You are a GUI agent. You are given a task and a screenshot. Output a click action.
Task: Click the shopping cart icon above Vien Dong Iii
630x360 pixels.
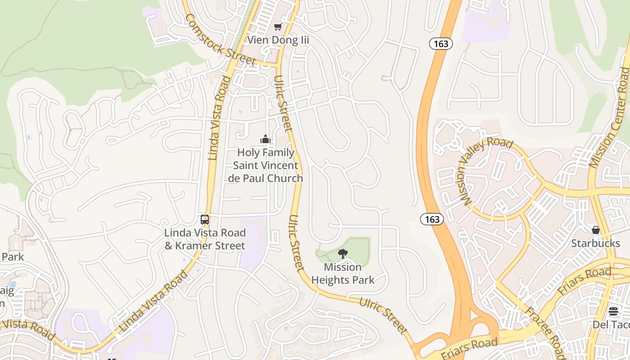click(x=278, y=27)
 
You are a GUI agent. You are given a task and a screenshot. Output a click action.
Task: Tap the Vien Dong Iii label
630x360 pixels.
click(x=279, y=40)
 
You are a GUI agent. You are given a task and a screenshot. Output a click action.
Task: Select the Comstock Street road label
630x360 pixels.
click(x=220, y=40)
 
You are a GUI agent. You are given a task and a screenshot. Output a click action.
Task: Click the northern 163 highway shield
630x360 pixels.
click(x=441, y=43)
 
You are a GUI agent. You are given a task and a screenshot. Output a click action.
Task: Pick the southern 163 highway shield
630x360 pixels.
click(x=432, y=219)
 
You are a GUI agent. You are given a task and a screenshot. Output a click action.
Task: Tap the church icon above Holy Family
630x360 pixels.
click(x=265, y=139)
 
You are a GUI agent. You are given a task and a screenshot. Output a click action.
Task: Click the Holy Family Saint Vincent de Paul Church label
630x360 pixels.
click(x=265, y=166)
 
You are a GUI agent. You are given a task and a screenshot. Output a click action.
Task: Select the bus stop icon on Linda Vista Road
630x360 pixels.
click(x=205, y=220)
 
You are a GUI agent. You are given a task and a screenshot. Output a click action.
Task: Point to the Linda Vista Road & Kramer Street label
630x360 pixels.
click(x=205, y=239)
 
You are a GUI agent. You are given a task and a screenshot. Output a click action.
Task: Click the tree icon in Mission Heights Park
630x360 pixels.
click(x=342, y=254)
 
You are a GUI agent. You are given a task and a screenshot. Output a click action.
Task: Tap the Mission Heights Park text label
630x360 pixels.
click(x=342, y=274)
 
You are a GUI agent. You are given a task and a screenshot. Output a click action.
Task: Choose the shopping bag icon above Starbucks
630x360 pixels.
click(x=596, y=230)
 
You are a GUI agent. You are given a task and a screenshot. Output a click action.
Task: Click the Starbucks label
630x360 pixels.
click(x=595, y=243)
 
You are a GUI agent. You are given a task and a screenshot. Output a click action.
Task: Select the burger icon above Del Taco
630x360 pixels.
click(x=613, y=311)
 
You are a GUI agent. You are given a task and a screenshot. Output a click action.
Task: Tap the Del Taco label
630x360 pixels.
click(x=611, y=324)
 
